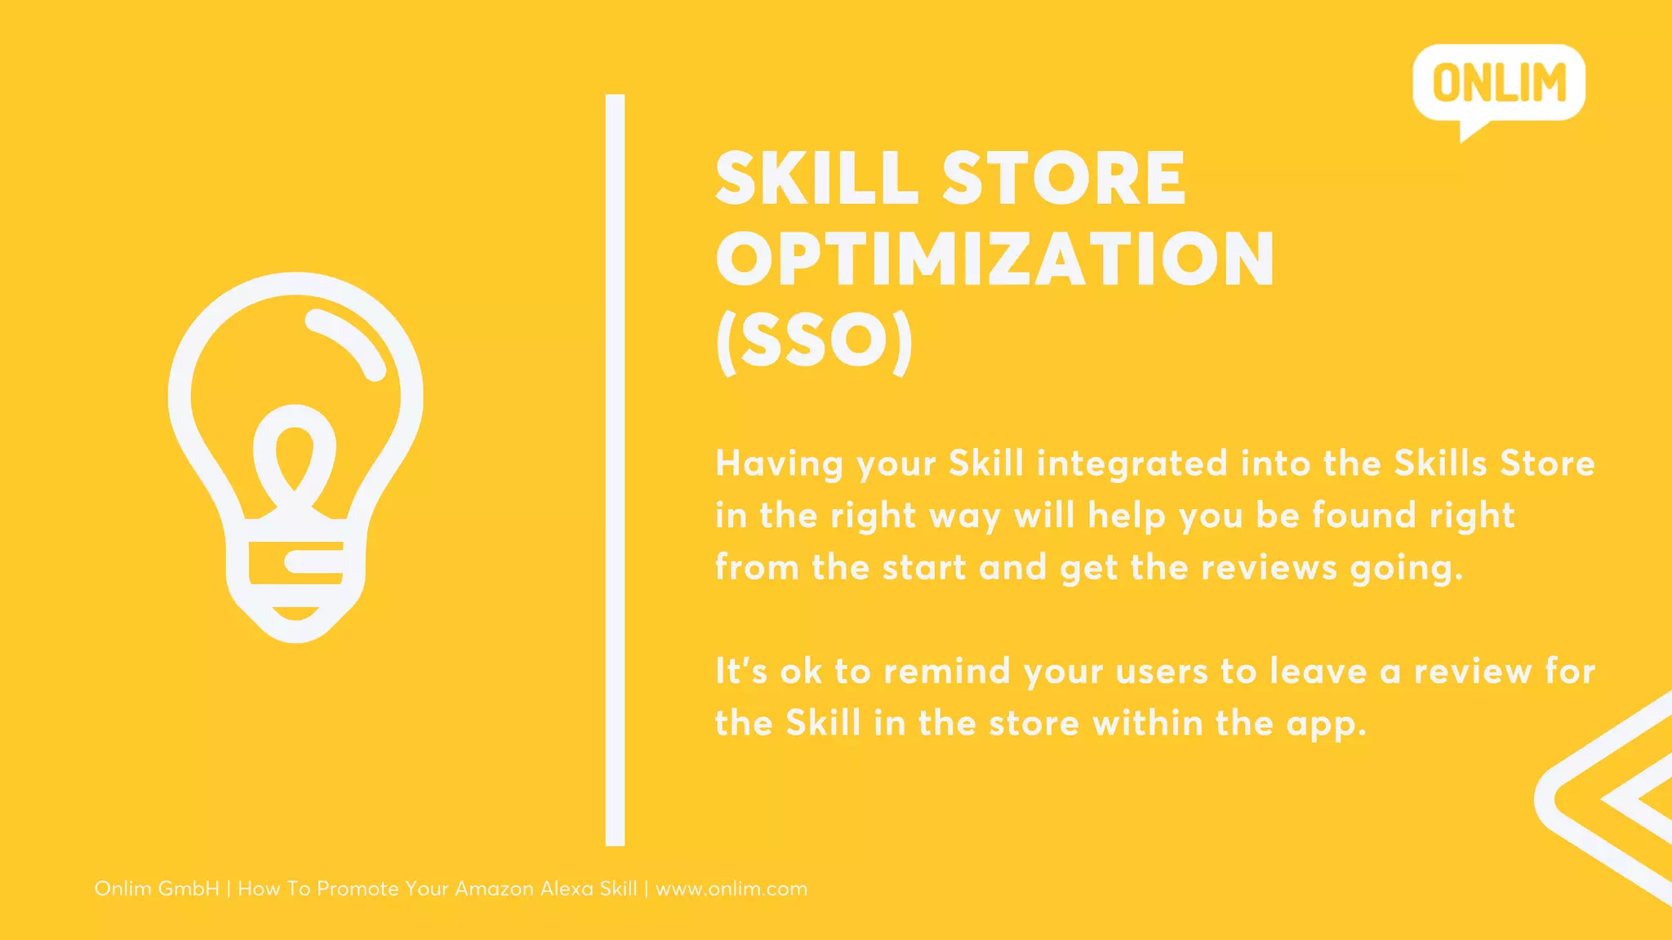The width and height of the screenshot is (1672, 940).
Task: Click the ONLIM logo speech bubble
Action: tap(1499, 84)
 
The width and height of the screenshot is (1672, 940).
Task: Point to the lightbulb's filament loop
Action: tap(295, 453)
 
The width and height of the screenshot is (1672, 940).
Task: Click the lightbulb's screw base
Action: tap(296, 571)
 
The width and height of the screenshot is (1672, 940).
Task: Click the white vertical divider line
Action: tap(615, 470)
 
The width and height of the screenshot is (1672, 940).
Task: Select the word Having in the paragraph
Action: tap(779, 463)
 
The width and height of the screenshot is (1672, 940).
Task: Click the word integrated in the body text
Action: tap(1132, 463)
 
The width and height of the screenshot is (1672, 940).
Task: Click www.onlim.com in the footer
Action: tap(731, 889)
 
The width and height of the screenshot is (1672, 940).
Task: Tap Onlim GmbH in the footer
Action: tap(157, 889)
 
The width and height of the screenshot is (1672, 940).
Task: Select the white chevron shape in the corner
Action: tap(1600, 800)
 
